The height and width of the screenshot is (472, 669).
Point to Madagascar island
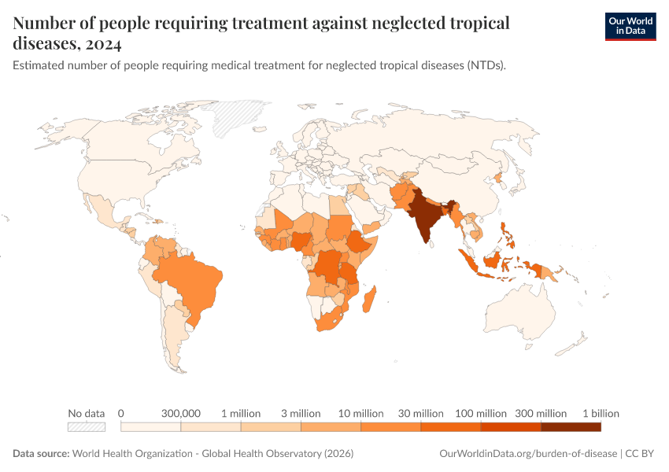[369, 299]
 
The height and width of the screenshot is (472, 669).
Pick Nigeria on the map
[301, 242]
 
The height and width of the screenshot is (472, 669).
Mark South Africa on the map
[328, 322]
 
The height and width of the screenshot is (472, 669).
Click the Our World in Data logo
[630, 27]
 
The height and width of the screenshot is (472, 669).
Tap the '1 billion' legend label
[601, 413]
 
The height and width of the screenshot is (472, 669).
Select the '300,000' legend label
[181, 413]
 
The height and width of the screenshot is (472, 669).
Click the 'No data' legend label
[87, 413]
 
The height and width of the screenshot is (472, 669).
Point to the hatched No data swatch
[87, 427]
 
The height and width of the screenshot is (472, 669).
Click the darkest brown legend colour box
[571, 427]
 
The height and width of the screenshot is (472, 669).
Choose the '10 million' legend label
[361, 413]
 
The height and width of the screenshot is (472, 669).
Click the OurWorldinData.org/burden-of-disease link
[528, 453]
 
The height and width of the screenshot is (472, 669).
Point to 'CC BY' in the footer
[639, 453]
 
